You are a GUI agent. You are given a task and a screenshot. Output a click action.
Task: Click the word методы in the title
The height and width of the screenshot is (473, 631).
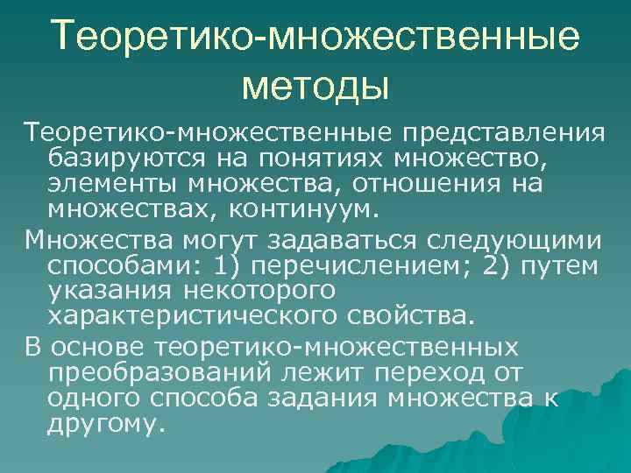click(x=315, y=87)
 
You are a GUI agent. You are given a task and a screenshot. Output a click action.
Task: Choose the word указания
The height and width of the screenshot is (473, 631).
click(x=112, y=289)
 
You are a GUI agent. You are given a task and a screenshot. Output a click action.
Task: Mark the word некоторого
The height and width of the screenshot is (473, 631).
click(x=254, y=289)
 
